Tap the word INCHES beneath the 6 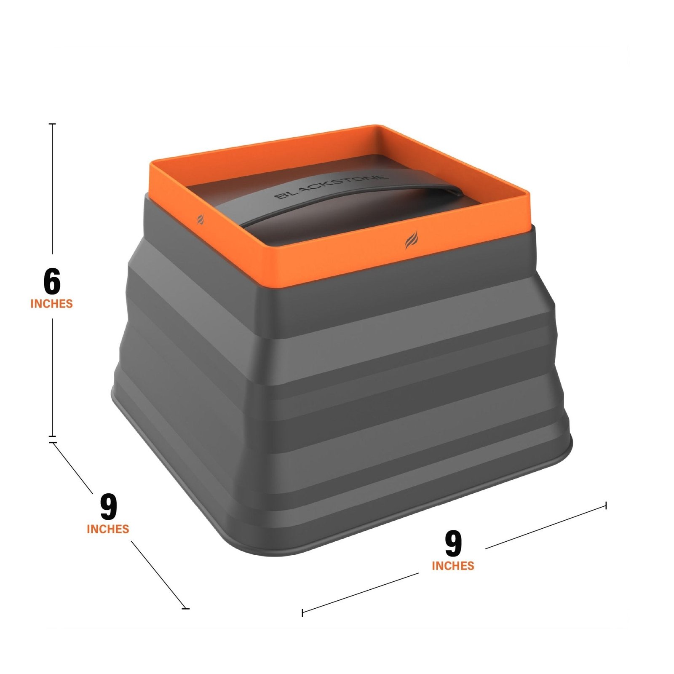point(51,304)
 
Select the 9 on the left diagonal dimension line point(108,507)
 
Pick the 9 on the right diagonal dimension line point(453,544)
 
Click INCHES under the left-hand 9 point(108,529)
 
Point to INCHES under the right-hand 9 point(453,566)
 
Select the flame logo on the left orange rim point(201,219)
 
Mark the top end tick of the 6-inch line point(52,124)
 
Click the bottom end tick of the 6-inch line point(52,436)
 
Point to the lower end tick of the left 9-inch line point(185,608)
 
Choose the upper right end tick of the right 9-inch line point(606,505)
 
